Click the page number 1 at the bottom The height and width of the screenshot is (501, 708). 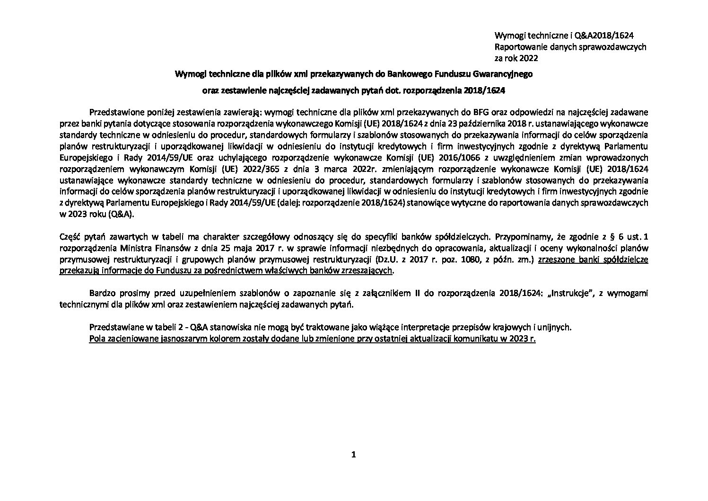pos(353,455)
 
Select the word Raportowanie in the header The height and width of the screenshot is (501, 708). pos(516,47)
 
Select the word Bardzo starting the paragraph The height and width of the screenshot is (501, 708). pos(100,294)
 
